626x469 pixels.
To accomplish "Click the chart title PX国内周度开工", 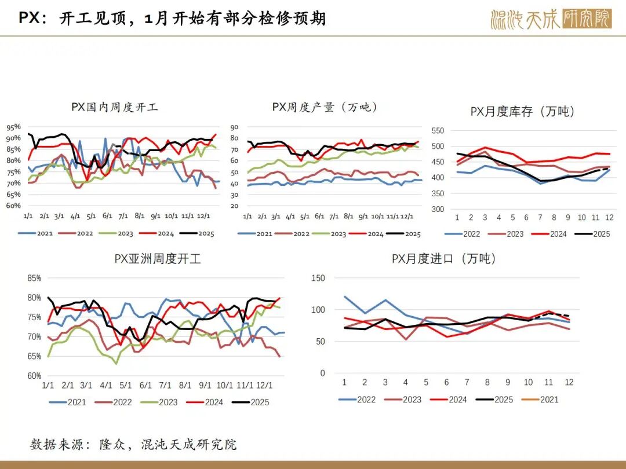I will coord(115,107).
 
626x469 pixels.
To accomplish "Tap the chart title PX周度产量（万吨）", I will coord(325,107).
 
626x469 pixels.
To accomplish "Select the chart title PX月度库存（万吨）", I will coord(522,111).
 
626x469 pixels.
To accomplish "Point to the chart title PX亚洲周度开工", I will coord(158,259).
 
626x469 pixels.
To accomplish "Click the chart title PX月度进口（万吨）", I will coord(443,259).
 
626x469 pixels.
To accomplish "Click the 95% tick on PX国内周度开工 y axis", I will coord(13,127).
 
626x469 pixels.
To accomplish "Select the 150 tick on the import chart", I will coord(318,278).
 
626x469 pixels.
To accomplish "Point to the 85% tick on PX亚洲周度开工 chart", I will coord(34,278).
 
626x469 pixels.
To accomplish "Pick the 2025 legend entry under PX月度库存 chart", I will coord(594,234).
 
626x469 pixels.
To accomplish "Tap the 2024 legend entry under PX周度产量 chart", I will coord(367,234).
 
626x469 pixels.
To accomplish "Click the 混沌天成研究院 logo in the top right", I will coord(550,19).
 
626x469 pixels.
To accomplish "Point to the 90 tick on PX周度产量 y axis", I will coord(235,127).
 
